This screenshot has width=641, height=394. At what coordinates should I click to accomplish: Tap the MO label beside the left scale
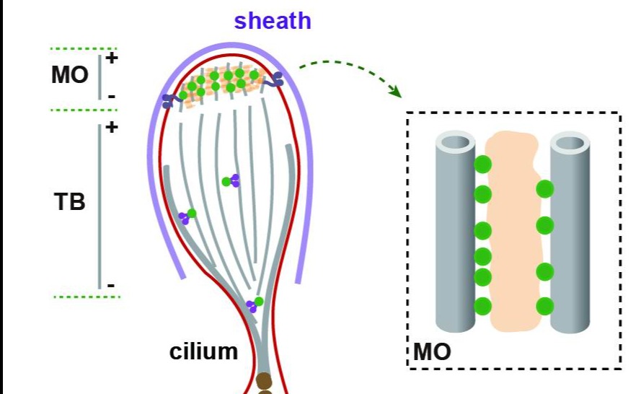click(x=69, y=74)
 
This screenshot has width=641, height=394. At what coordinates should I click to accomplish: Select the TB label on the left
click(x=70, y=203)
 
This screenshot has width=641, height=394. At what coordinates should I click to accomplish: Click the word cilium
click(x=203, y=351)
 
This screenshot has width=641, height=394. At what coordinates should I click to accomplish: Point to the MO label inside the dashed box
click(x=433, y=352)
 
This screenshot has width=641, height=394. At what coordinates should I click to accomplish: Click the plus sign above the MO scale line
click(x=111, y=58)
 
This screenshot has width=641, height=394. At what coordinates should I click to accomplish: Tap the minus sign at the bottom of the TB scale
click(x=111, y=286)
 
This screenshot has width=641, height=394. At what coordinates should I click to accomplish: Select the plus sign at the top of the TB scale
click(x=111, y=128)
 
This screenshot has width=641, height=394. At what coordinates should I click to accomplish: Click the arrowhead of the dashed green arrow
click(x=394, y=92)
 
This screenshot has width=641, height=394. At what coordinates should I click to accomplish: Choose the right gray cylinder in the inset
click(x=570, y=231)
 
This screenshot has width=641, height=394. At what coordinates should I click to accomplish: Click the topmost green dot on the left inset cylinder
click(x=482, y=165)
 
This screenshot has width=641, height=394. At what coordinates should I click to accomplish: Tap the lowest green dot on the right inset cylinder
click(x=545, y=305)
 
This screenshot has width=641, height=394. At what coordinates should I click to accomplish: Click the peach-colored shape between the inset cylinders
click(x=513, y=231)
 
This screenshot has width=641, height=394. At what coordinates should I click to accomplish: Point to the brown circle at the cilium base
click(x=265, y=380)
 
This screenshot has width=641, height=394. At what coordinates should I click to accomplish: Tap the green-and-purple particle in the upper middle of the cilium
click(x=231, y=181)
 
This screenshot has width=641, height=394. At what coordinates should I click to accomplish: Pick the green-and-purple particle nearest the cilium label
click(x=255, y=305)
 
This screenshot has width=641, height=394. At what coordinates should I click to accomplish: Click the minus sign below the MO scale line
click(x=111, y=96)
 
